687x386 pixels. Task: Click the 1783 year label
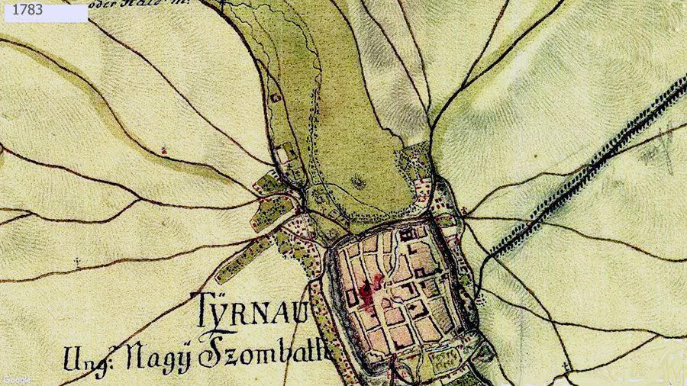(28, 11)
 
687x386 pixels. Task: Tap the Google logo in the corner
(16, 379)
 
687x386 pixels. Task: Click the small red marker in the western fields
(164, 151)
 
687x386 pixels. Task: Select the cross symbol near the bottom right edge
(566, 368)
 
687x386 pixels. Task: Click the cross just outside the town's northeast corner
(463, 209)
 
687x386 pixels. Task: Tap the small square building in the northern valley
(275, 97)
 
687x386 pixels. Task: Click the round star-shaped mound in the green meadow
(357, 182)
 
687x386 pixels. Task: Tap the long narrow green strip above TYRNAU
(243, 259)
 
